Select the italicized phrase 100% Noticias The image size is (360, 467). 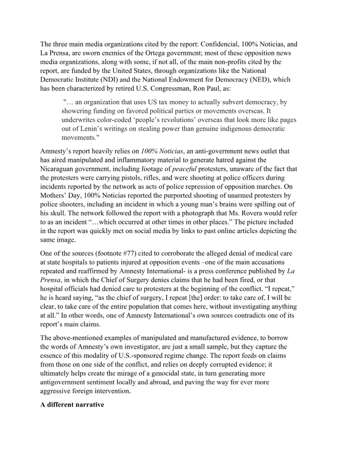click(161, 151)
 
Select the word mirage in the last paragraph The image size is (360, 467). click(154, 374)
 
